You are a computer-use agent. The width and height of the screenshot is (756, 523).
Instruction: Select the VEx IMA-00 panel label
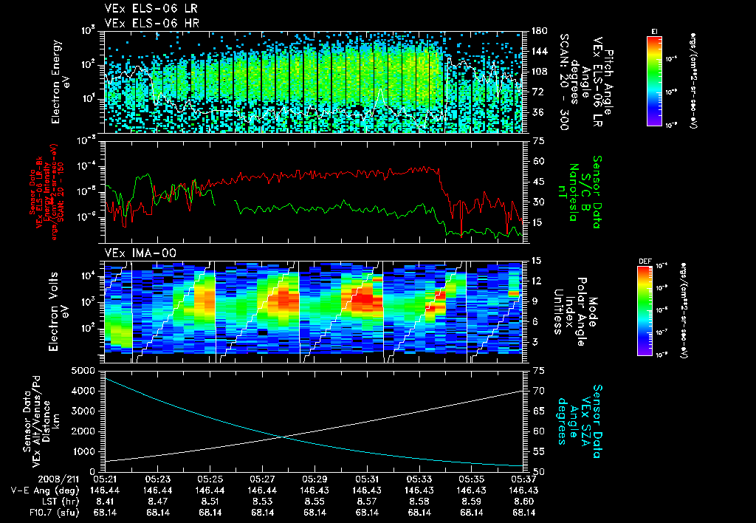click(140, 253)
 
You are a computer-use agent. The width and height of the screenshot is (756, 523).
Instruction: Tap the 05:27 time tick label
click(264, 479)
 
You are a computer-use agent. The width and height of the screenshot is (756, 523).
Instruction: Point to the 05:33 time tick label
click(419, 479)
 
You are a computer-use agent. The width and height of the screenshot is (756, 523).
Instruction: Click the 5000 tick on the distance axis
click(86, 370)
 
